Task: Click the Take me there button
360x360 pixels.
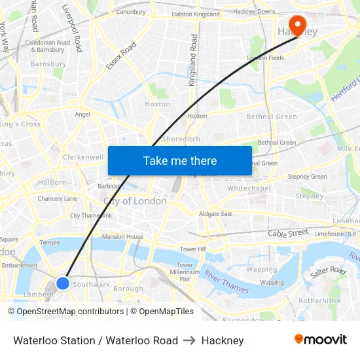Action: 180,161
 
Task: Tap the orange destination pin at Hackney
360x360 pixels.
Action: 298,26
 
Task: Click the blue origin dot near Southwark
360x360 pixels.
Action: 63,283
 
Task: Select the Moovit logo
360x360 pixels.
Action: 320,340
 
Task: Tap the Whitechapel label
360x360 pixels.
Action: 249,189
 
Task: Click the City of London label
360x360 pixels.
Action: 135,202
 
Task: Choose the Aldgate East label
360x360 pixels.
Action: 216,214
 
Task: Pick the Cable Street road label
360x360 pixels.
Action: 287,232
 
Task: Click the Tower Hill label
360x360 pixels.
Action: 193,249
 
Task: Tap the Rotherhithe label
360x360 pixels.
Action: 319,301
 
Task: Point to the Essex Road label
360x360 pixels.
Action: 120,56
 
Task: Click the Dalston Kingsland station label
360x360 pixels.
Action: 196,14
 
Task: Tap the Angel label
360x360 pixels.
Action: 82,114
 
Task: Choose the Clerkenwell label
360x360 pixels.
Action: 83,157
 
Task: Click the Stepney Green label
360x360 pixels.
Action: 307,177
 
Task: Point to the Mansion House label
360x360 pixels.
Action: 122,236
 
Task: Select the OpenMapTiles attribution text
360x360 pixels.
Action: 162,312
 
